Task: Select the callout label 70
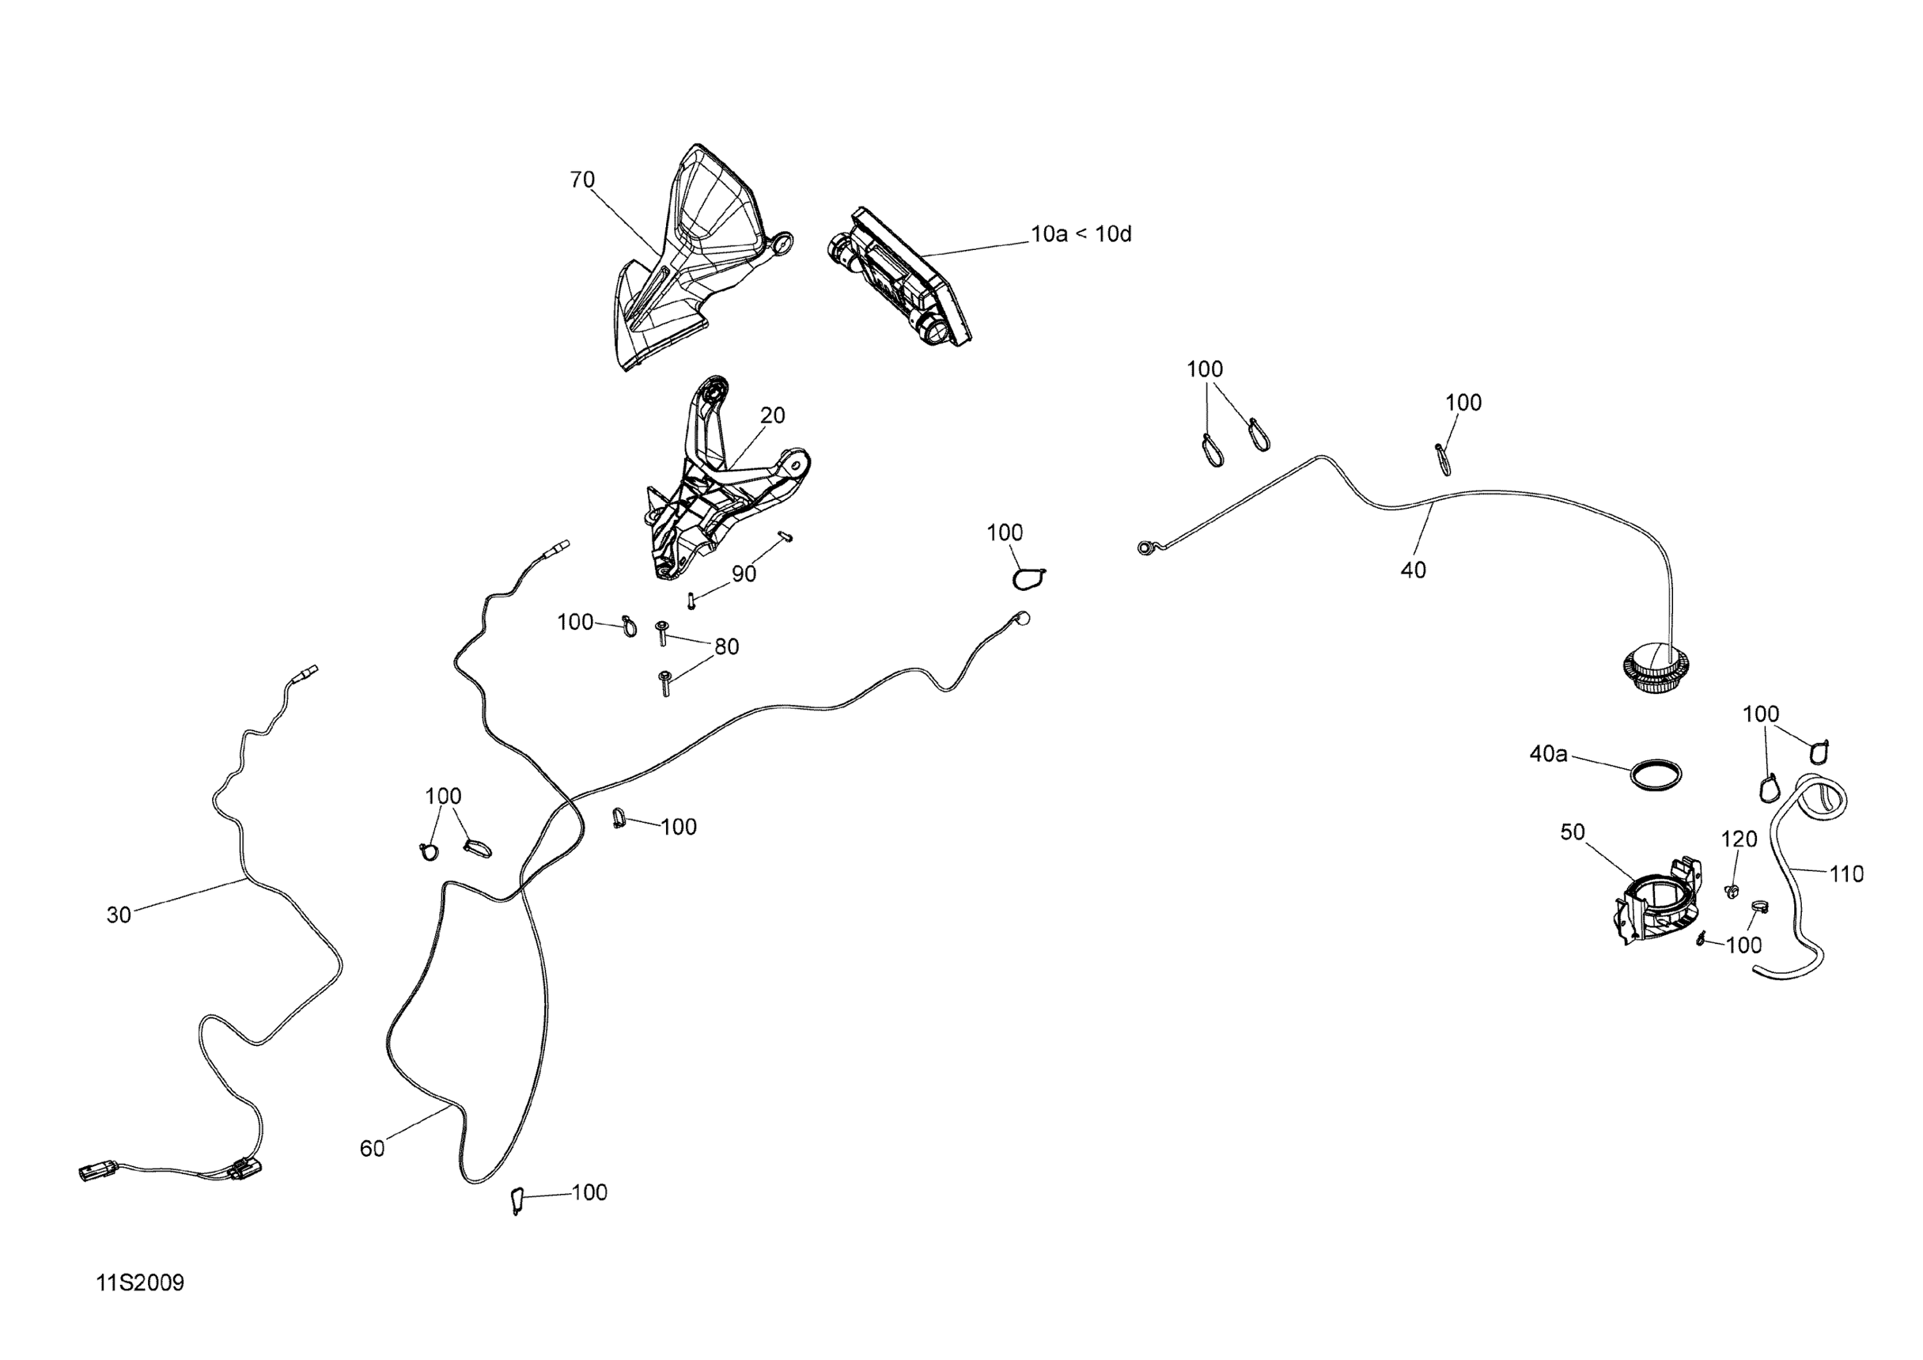tap(582, 179)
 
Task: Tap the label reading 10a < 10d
tap(1081, 235)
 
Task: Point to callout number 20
tap(772, 415)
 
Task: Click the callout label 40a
tap(1548, 754)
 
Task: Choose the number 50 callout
tap(1572, 833)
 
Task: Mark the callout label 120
tap(1739, 839)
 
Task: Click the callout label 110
tap(1846, 874)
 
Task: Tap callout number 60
tap(372, 1148)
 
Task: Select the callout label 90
tap(744, 574)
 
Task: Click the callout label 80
tap(726, 647)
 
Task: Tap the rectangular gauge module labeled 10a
tap(901, 276)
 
